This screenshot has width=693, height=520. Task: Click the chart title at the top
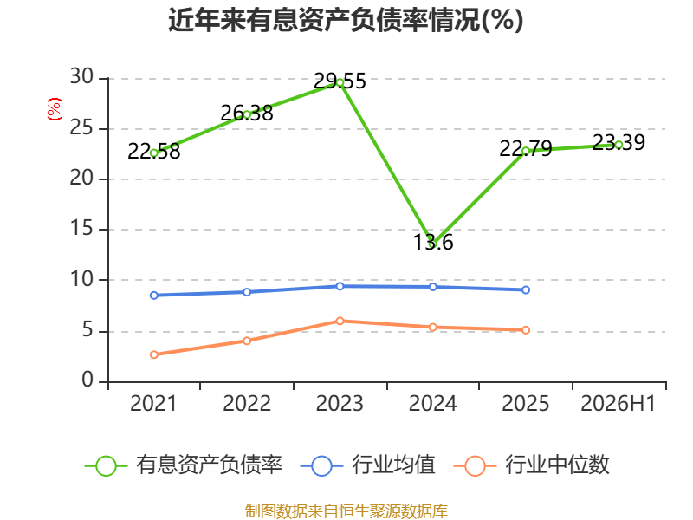(x=346, y=20)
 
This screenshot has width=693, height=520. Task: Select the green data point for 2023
(x=340, y=82)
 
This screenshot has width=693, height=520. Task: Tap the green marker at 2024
(x=432, y=244)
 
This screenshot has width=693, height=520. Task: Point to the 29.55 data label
(x=340, y=81)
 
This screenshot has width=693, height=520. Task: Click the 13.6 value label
(x=433, y=243)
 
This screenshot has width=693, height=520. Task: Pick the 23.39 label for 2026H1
(x=619, y=142)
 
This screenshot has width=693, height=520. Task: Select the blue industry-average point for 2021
(x=154, y=296)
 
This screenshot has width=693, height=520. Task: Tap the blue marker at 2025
(x=526, y=290)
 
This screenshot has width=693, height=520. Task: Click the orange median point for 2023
(x=340, y=321)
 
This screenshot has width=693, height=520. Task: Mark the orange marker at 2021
(x=154, y=354)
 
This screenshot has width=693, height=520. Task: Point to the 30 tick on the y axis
(x=81, y=77)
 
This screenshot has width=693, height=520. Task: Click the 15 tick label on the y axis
(x=81, y=229)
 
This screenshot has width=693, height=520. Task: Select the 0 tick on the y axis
(x=87, y=380)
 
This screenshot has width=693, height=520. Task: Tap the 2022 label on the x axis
(x=247, y=404)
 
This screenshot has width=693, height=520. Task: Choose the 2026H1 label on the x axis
(x=619, y=404)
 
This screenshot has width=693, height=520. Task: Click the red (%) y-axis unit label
(x=55, y=109)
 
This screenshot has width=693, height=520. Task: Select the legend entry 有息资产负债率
(x=183, y=465)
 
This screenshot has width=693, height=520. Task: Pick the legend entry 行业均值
(x=367, y=465)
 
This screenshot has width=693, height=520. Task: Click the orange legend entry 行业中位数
(x=532, y=465)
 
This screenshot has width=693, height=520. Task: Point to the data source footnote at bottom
(x=346, y=511)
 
